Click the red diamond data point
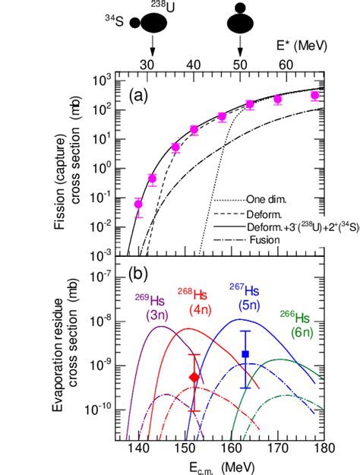pyautogui.click(x=194, y=377)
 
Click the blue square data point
pyautogui.click(x=245, y=354)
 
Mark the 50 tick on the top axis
pyautogui.click(x=241, y=63)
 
